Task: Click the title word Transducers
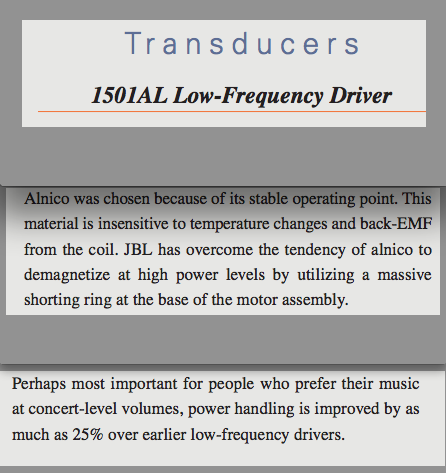click(x=242, y=43)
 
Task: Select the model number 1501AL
click(x=129, y=95)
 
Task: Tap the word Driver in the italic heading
click(x=361, y=95)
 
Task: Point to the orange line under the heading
click(x=232, y=111)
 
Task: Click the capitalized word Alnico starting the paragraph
click(x=47, y=199)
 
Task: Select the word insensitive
click(x=133, y=223)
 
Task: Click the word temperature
click(x=230, y=224)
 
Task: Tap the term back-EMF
click(x=396, y=223)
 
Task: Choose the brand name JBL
click(x=138, y=249)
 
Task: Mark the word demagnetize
click(x=67, y=275)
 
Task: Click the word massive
click(x=404, y=275)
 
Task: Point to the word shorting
click(x=52, y=300)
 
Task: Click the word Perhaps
click(x=39, y=384)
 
